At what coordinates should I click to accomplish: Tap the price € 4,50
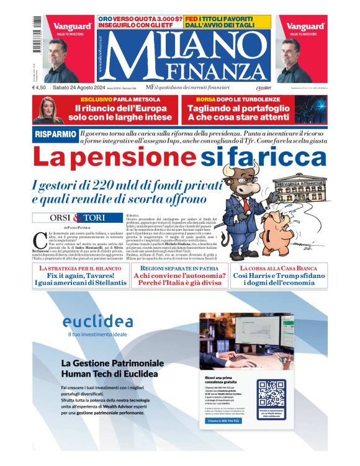click(x=40, y=88)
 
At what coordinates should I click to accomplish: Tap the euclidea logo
click(x=97, y=321)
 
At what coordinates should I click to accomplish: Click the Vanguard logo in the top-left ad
click(x=73, y=27)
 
